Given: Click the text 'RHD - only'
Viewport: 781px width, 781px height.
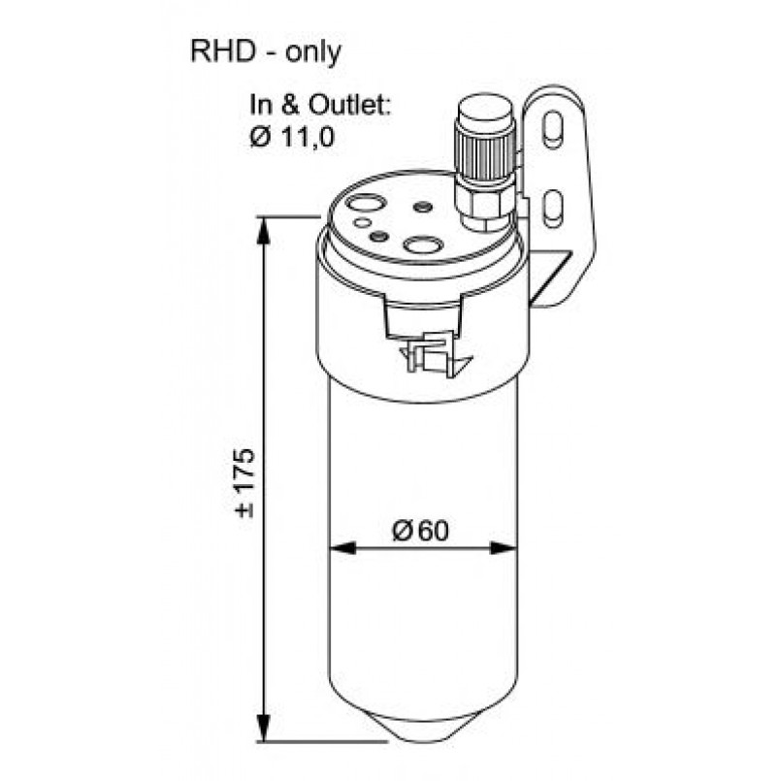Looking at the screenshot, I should click(x=267, y=52).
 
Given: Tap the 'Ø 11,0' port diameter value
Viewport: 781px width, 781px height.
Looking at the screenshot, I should click(x=291, y=137).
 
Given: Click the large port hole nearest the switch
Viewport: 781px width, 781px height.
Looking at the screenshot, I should click(x=422, y=245).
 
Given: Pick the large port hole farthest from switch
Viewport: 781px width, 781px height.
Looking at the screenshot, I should click(x=368, y=205).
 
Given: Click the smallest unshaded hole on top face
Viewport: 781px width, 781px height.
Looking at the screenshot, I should click(x=362, y=223).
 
